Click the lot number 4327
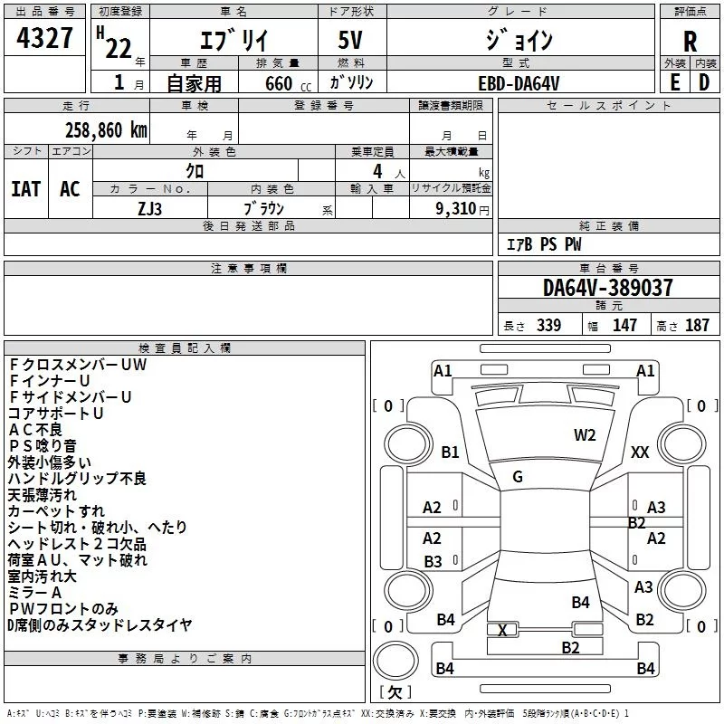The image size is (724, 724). [x=44, y=38]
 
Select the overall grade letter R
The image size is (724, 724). [x=690, y=42]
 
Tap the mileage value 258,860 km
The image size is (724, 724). [x=106, y=130]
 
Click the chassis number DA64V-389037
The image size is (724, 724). [x=607, y=287]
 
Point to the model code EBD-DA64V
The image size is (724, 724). [x=519, y=83]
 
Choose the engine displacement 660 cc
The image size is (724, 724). [x=288, y=83]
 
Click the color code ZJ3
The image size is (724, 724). [x=149, y=209]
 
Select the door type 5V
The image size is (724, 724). [x=350, y=40]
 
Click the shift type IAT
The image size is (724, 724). [x=26, y=189]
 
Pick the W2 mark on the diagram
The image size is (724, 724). [x=585, y=435]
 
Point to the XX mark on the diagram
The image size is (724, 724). [x=640, y=452]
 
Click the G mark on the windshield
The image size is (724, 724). [x=518, y=477]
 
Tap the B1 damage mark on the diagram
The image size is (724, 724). [x=450, y=452]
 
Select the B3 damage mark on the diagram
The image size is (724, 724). [x=433, y=561]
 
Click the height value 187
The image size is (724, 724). [x=697, y=325]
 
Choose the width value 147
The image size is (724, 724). [x=624, y=325]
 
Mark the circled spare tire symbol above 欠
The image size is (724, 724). [x=395, y=661]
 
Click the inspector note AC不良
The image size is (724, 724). [x=35, y=429]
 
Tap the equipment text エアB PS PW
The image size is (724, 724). [x=544, y=243]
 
